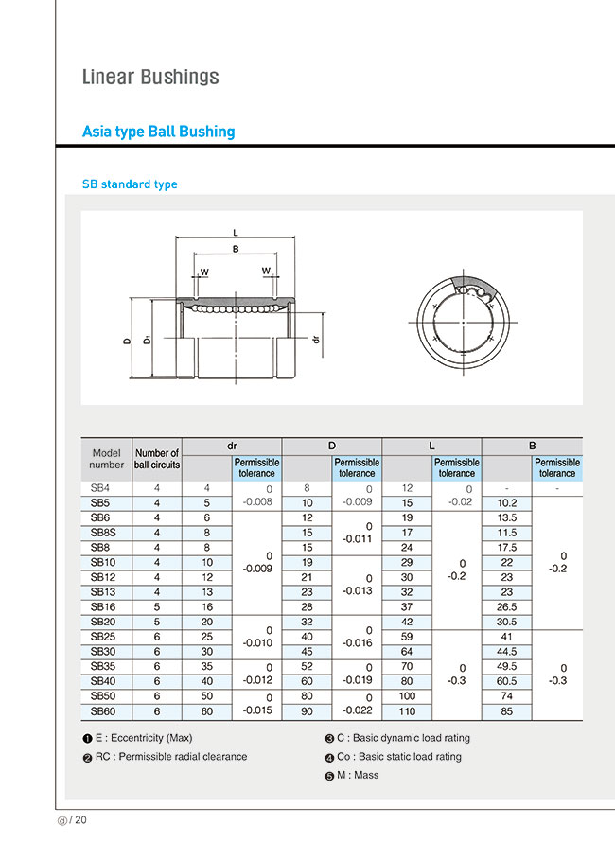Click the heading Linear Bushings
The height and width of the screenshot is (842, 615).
coord(150,77)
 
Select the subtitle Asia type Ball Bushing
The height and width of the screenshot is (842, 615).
coord(158,132)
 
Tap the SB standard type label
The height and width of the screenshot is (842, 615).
coord(130,184)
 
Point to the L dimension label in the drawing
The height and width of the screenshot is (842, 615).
coord(235,231)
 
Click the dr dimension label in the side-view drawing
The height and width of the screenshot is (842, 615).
coord(316,339)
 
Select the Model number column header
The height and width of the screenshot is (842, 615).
coord(106,459)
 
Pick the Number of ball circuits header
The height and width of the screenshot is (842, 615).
coord(157,459)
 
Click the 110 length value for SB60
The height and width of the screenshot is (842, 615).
coord(407,710)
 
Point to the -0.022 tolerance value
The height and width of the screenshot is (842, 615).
coord(357,710)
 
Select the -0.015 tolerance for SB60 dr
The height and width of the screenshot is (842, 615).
coord(256,710)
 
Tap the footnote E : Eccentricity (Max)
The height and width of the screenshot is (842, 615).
coord(148,738)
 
